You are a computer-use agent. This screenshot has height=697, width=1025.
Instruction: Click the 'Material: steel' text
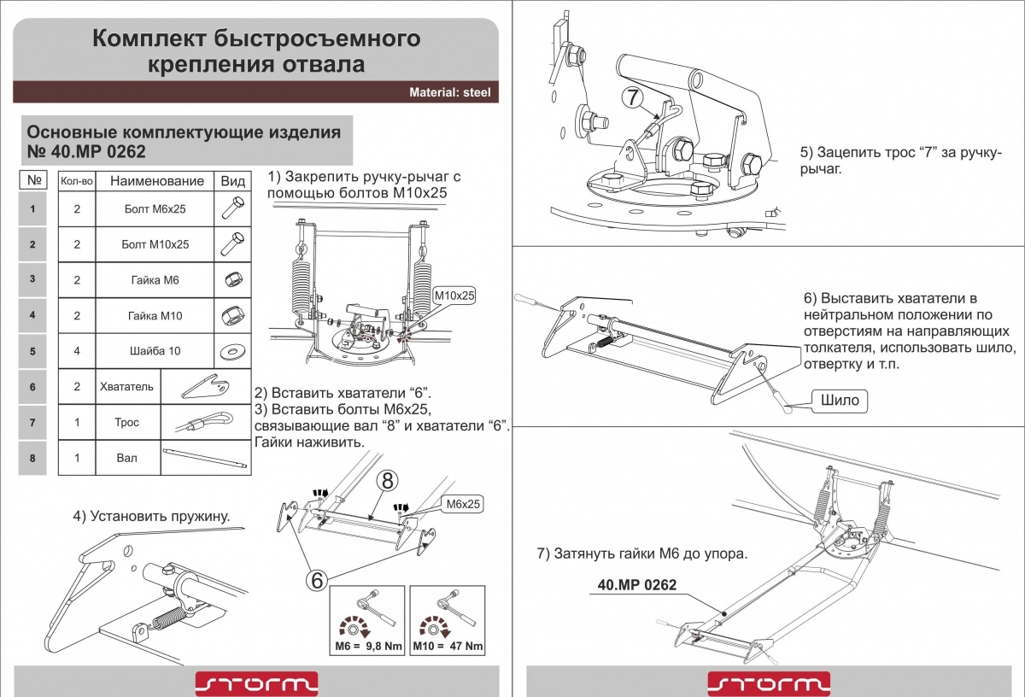(449, 92)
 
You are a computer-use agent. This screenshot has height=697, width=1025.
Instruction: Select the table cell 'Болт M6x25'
(155, 209)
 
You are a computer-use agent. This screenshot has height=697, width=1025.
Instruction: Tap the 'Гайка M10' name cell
(155, 316)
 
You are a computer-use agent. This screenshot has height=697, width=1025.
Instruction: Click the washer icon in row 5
(232, 351)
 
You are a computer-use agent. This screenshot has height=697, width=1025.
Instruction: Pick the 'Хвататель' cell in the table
(126, 387)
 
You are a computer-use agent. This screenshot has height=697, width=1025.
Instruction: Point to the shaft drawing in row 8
(205, 458)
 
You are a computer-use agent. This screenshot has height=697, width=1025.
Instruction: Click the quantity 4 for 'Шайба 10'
(77, 351)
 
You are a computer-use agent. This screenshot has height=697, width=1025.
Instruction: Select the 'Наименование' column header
(157, 181)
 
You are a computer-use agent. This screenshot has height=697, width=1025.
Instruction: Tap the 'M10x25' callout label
(454, 296)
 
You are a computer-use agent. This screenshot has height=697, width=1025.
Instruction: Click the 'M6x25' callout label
(463, 504)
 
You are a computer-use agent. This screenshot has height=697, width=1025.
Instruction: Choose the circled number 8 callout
(387, 481)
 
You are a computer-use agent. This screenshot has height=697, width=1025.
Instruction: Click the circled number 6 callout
(317, 580)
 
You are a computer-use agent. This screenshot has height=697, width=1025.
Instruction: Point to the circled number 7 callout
(632, 97)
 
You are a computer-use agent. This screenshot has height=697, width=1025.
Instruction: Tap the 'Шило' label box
(840, 401)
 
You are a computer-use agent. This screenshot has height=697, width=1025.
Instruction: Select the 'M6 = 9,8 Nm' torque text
(368, 647)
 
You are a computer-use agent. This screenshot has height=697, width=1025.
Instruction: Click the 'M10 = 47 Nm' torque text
(448, 647)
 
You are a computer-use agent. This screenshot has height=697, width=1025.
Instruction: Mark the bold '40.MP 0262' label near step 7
(637, 585)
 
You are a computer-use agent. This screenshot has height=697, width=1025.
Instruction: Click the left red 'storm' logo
(257, 683)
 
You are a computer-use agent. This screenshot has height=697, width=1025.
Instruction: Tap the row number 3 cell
(32, 279)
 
